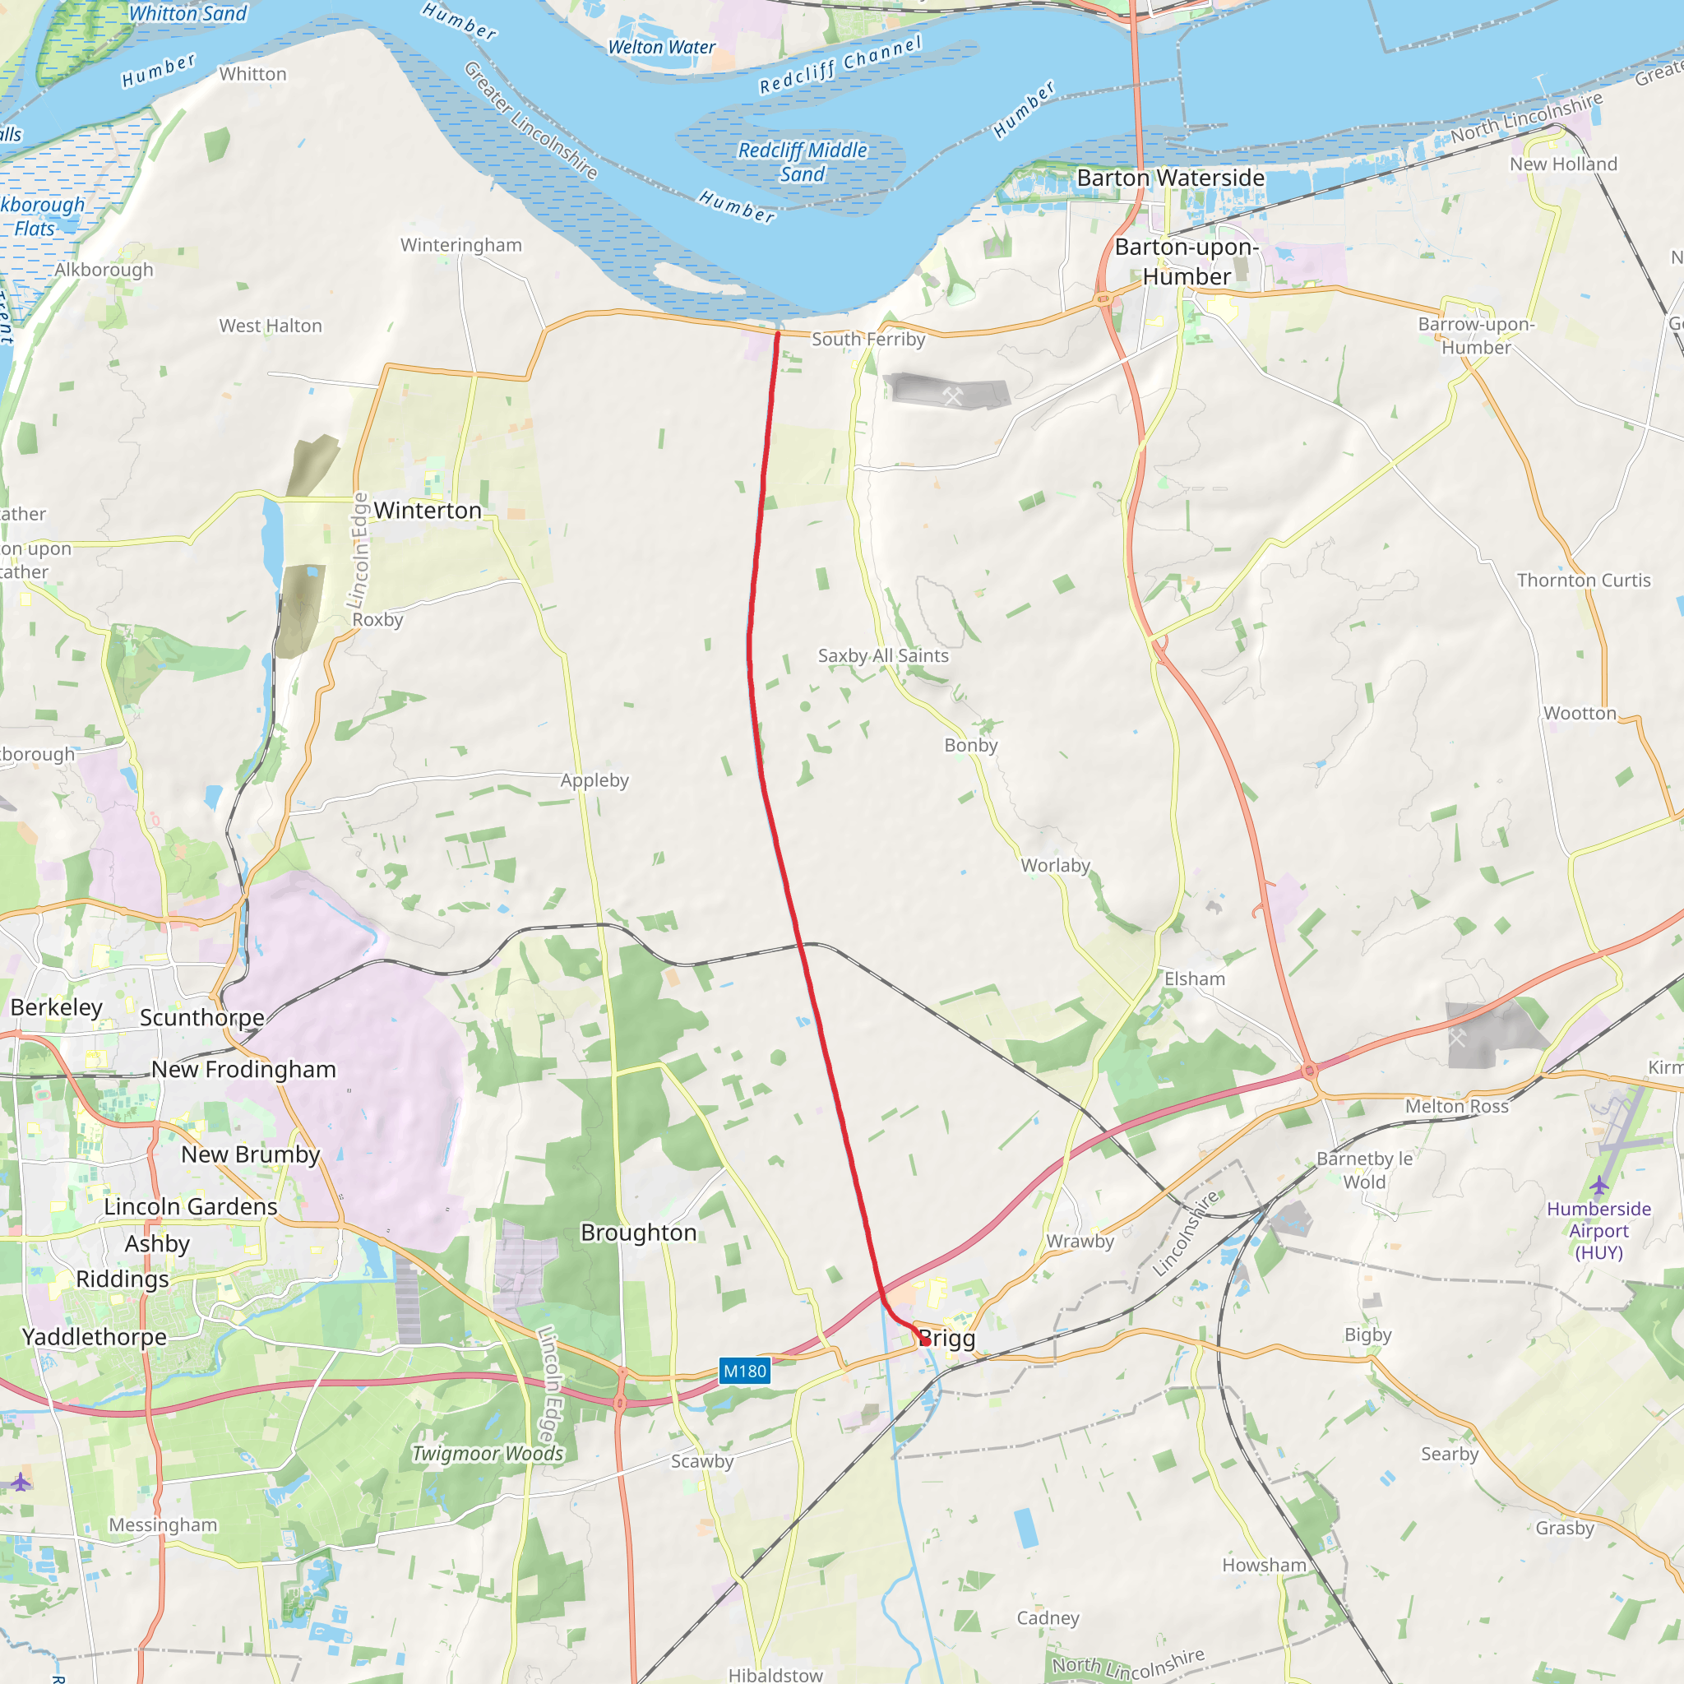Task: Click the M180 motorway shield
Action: (744, 1371)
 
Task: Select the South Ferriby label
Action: (868, 339)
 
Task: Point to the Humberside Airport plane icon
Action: (1598, 1186)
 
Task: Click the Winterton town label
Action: (427, 510)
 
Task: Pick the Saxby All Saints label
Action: (882, 655)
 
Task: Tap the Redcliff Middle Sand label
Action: (802, 162)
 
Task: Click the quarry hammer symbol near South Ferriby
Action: (952, 396)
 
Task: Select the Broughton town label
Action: (639, 1233)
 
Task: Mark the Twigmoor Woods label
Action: (488, 1453)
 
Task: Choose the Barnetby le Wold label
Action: (1364, 1170)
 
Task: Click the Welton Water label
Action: (662, 47)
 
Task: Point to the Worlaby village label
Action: (1056, 866)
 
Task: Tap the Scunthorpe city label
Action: (202, 1017)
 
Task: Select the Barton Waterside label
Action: (1171, 178)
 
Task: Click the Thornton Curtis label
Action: (1584, 581)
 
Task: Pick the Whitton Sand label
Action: (188, 13)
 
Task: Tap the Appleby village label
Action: (594, 780)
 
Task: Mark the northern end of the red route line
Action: (776, 333)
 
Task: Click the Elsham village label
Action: (1194, 978)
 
